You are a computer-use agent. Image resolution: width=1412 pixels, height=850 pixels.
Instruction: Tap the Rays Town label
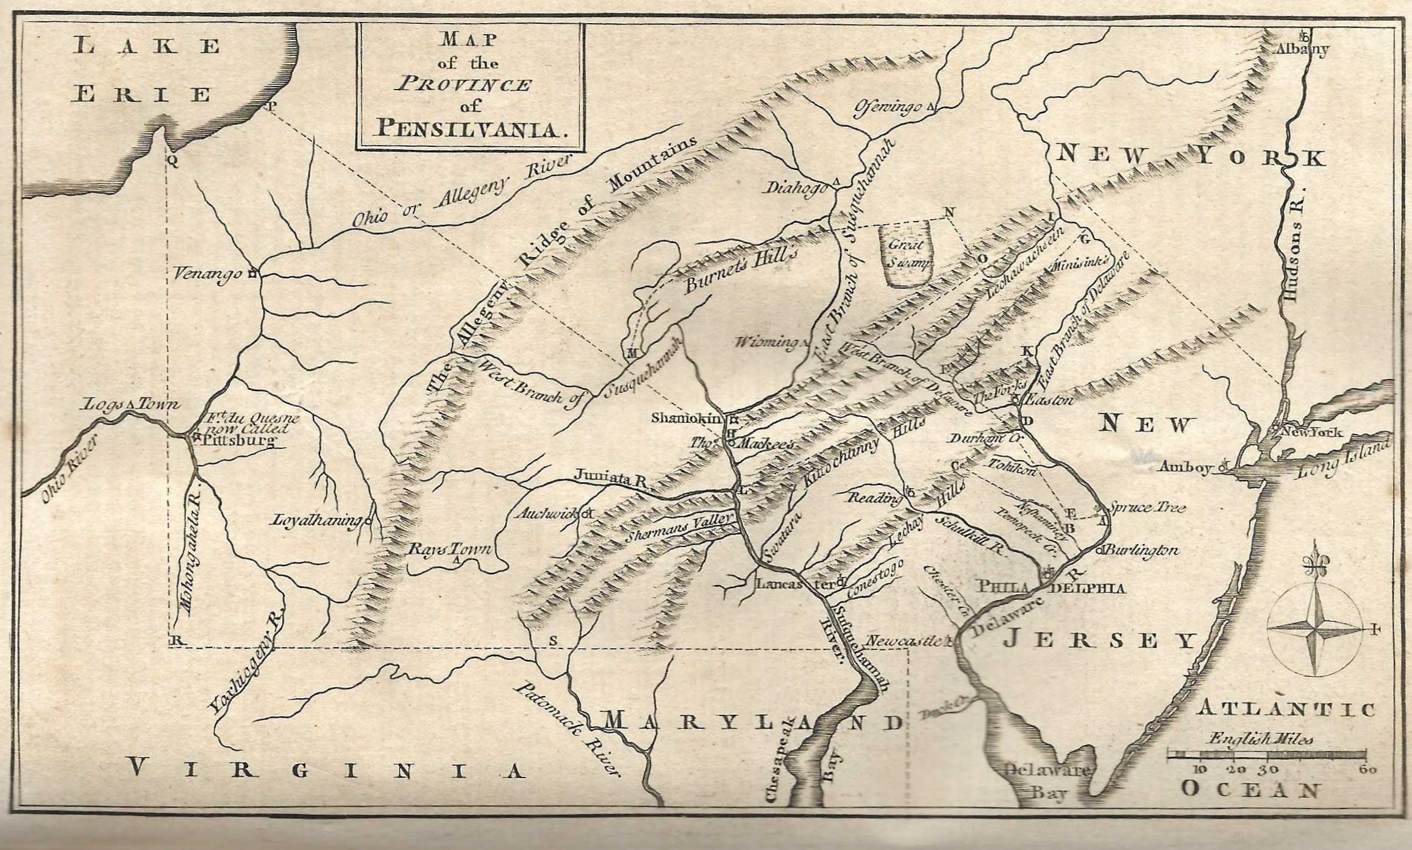click(x=449, y=548)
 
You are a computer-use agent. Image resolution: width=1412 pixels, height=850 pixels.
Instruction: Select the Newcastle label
click(x=903, y=641)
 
